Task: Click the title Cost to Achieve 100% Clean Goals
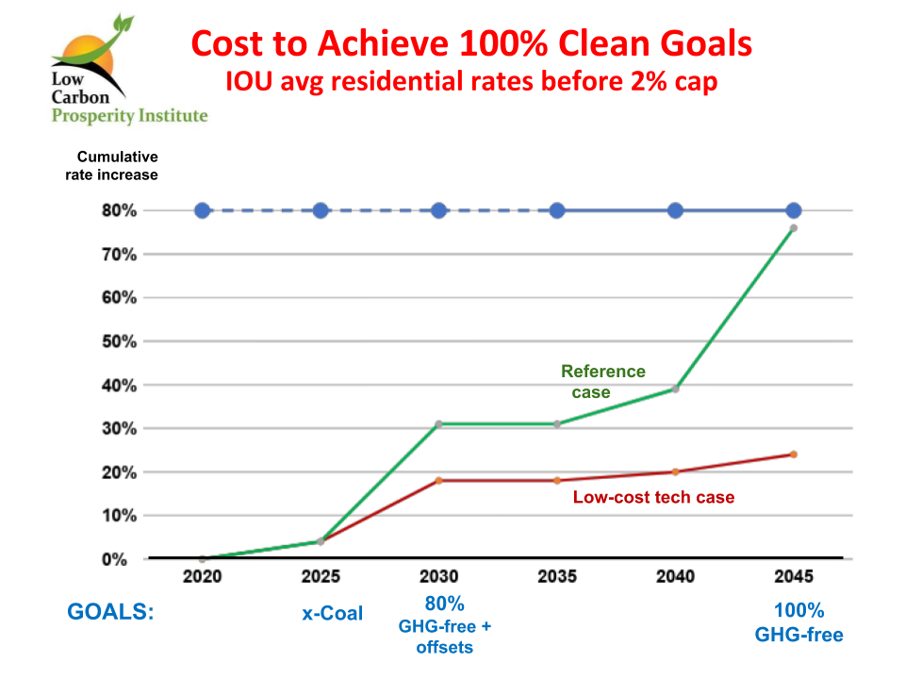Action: click(x=471, y=44)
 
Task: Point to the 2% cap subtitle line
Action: click(x=471, y=82)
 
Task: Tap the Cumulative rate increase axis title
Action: click(x=118, y=165)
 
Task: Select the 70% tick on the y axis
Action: click(x=120, y=255)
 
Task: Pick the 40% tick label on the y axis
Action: click(x=120, y=385)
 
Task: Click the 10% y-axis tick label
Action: click(x=120, y=516)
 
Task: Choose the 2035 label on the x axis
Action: click(x=557, y=576)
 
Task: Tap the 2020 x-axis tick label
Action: click(x=202, y=576)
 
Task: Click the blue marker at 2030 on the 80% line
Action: click(x=438, y=210)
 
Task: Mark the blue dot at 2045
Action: click(x=794, y=210)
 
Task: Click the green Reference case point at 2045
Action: click(x=794, y=228)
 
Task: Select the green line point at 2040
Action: click(x=675, y=389)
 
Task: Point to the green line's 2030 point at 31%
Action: click(x=438, y=423)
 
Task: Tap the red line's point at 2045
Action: click(x=794, y=455)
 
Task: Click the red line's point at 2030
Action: click(x=438, y=480)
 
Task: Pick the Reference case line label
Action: click(x=603, y=381)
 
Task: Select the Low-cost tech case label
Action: click(x=653, y=497)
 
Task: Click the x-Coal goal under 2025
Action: click(x=332, y=613)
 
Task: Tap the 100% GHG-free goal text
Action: click(x=798, y=621)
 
